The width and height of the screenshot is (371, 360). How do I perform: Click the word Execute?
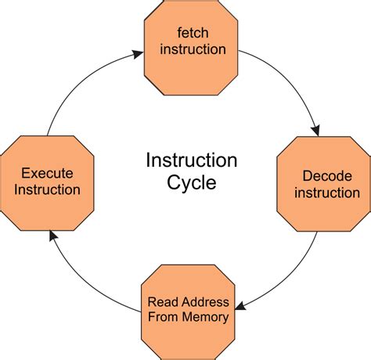50,171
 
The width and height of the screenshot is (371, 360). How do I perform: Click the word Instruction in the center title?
192,161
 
